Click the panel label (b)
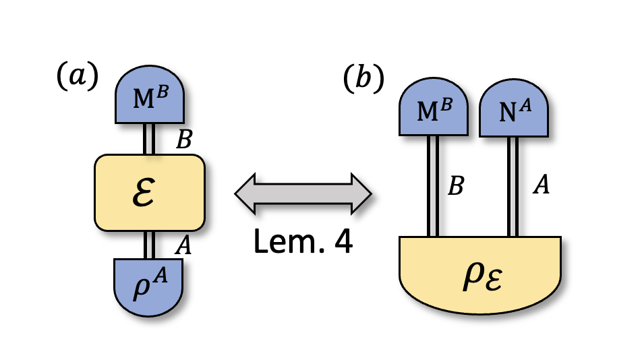[x=363, y=79]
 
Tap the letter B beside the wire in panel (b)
[x=456, y=185]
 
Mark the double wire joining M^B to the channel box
[x=149, y=139]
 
